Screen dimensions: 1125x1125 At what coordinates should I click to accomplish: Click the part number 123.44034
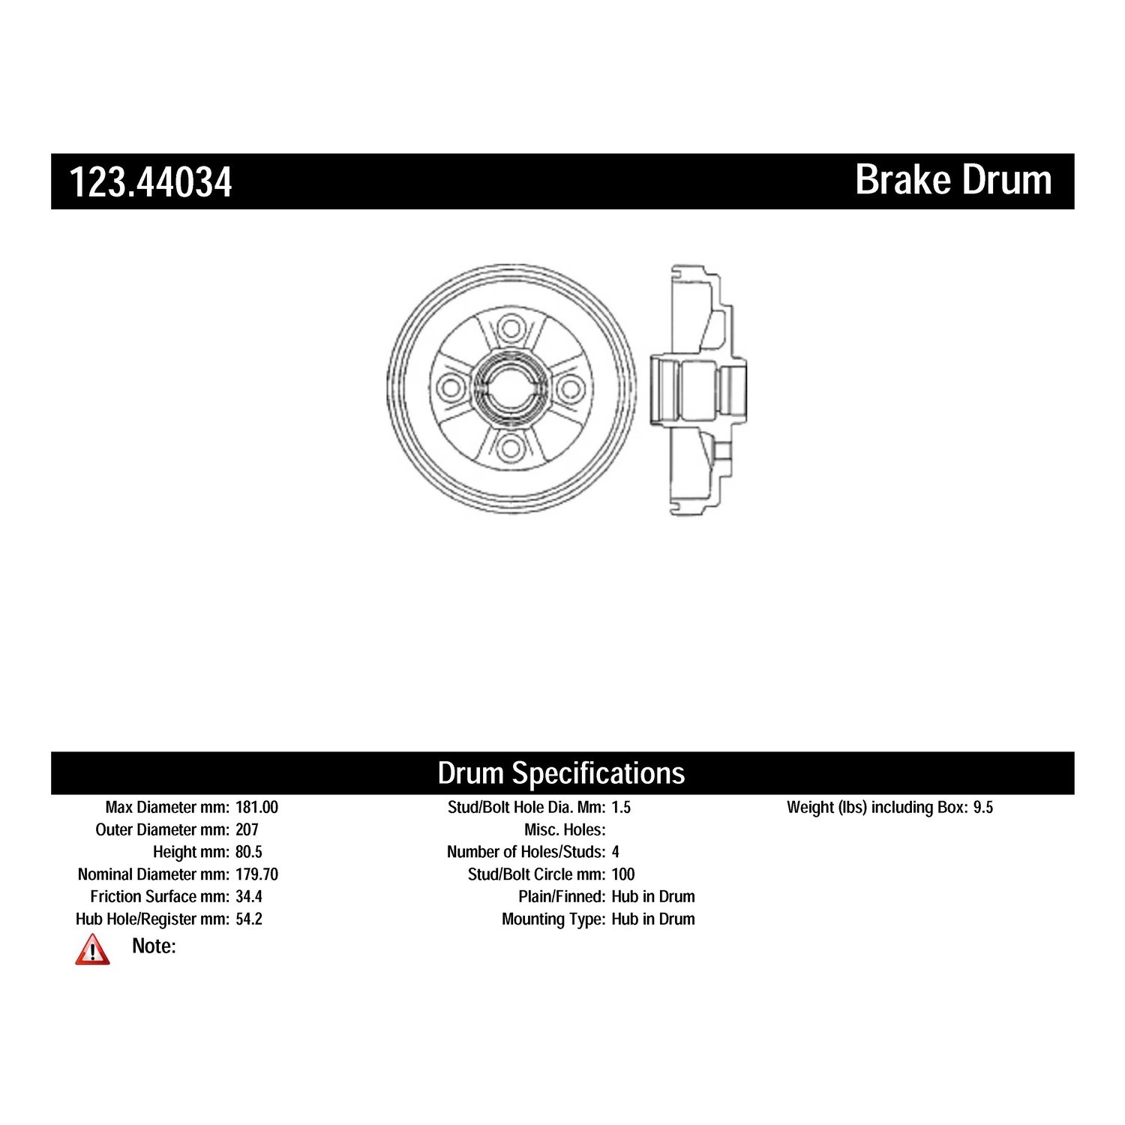151,182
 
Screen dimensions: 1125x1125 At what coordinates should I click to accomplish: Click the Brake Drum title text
954,180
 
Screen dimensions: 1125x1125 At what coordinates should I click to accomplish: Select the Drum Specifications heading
561,773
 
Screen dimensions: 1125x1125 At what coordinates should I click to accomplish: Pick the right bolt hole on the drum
570,388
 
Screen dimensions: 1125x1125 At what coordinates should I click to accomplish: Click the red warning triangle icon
92,949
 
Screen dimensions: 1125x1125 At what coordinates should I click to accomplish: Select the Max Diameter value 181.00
256,808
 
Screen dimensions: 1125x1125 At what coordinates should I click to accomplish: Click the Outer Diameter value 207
247,830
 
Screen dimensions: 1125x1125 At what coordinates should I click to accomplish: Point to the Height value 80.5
249,852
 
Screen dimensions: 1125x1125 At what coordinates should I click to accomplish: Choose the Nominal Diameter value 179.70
256,874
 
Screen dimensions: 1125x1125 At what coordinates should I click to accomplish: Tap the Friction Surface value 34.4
249,897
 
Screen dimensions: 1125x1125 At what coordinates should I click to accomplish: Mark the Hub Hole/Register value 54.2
249,919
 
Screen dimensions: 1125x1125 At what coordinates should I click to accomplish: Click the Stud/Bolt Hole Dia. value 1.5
621,808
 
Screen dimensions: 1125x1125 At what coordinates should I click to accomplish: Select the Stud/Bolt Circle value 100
623,874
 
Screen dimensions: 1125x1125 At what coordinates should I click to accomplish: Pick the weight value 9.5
983,808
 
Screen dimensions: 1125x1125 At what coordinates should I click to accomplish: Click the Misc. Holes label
565,830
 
